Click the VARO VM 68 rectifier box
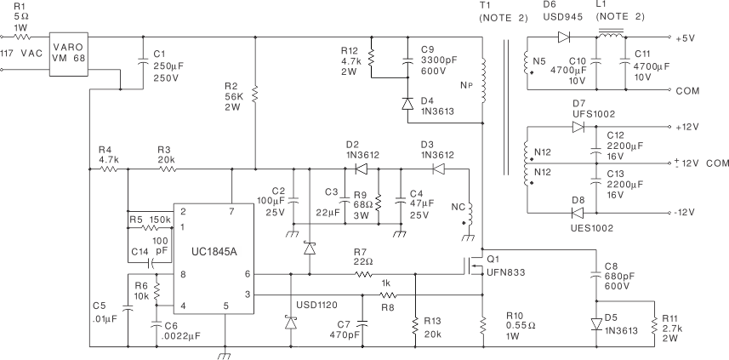[69, 53]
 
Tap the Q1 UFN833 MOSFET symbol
[471, 266]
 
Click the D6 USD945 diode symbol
[563, 37]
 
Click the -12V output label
[686, 213]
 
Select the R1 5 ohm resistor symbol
[23, 37]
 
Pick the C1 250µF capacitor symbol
[142, 61]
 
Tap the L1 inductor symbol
[608, 36]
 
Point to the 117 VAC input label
[20, 54]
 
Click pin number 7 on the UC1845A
[231, 210]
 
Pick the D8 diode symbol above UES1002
[578, 213]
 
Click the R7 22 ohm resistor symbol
[363, 274]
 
